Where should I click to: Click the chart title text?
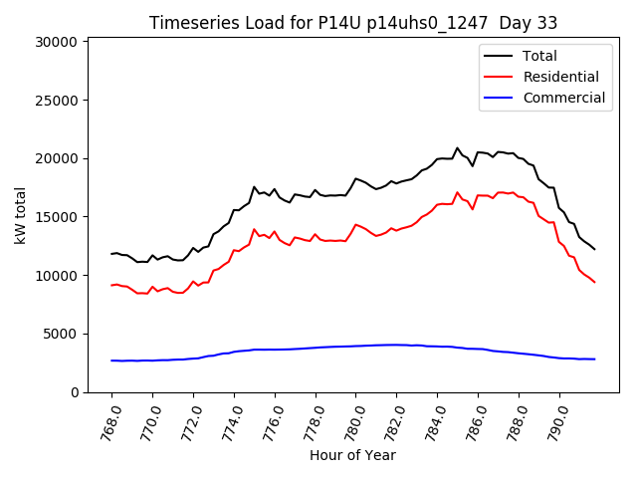[353, 23]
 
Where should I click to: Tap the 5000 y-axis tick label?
[61, 335]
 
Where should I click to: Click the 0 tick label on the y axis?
[75, 392]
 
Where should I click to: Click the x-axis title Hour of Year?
[353, 455]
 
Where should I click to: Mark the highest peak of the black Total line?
[458, 148]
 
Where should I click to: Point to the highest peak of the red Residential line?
[458, 193]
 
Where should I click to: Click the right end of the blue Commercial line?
[594, 358]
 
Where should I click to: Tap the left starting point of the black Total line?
[111, 254]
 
